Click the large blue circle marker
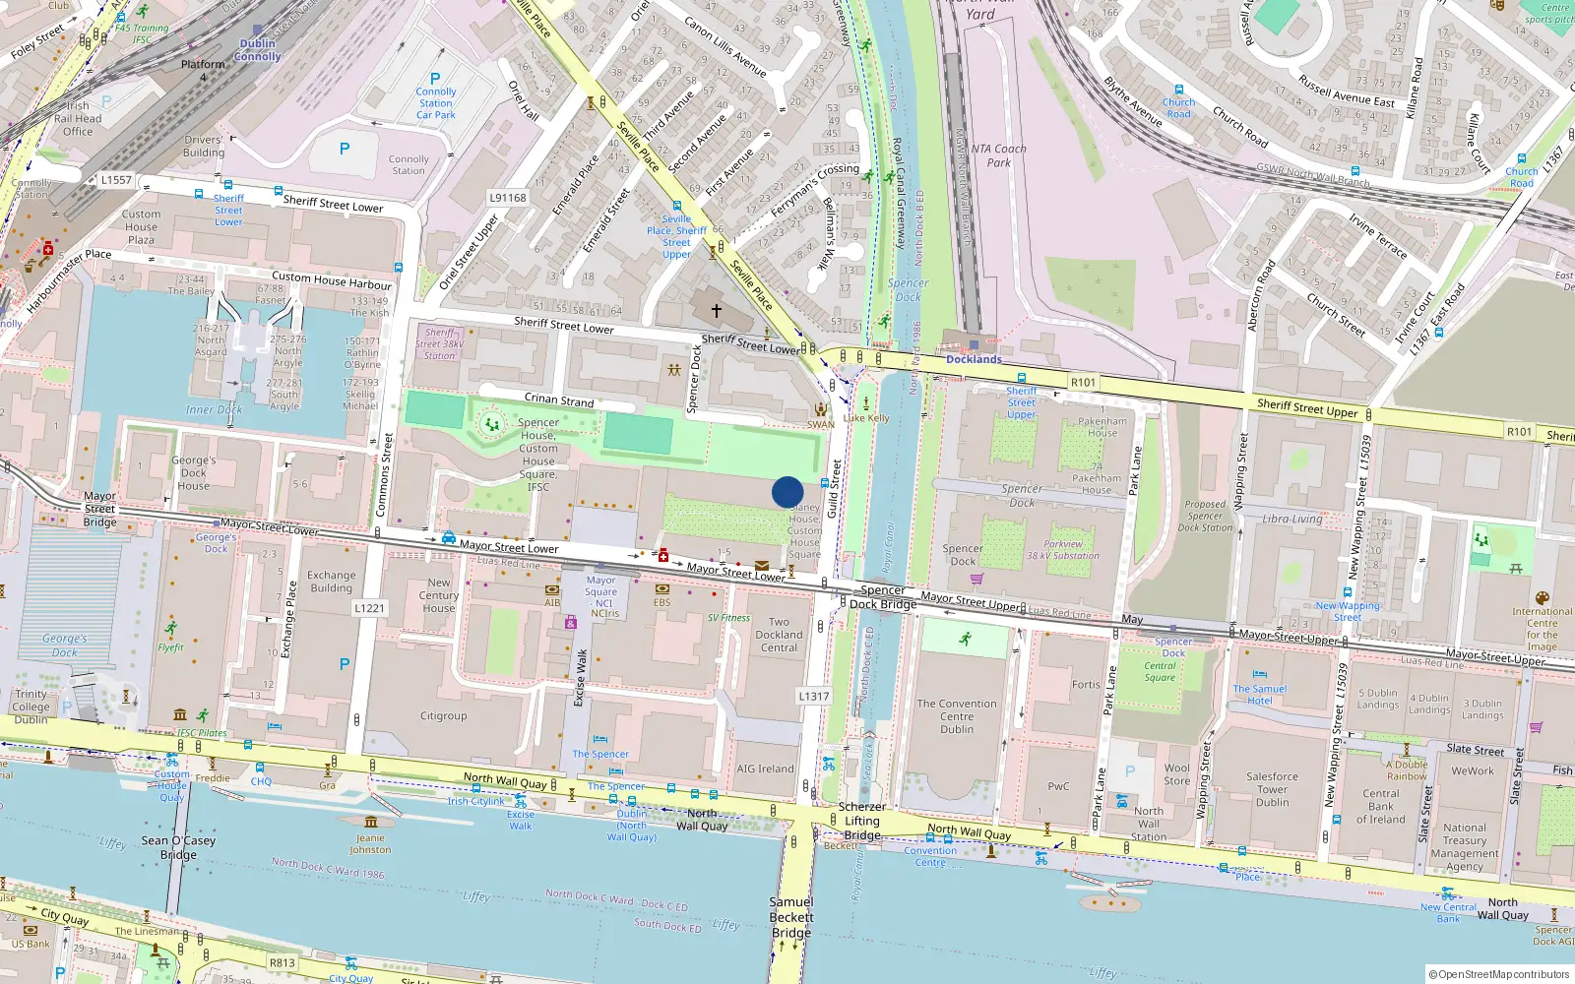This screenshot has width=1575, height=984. tap(787, 492)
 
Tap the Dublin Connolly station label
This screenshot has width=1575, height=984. tap(258, 50)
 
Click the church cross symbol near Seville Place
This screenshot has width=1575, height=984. tap(717, 310)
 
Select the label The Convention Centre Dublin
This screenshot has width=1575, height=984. tap(957, 716)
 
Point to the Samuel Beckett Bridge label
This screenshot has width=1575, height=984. tap(791, 917)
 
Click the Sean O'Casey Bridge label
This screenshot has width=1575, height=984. tap(178, 847)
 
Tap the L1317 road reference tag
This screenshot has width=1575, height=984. tap(813, 696)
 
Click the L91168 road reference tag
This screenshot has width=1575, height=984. tap(508, 198)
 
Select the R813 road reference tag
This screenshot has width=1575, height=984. tap(282, 963)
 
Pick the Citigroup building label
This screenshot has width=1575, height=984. tap(444, 715)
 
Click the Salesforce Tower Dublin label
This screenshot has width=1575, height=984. tap(1272, 789)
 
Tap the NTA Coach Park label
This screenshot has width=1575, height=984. tap(998, 155)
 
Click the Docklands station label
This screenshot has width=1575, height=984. tap(974, 359)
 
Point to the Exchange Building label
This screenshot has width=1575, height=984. tap(332, 582)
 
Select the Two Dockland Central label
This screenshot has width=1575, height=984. tap(779, 635)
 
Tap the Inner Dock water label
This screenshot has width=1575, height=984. tap(214, 409)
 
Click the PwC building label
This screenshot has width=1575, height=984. tap(1058, 786)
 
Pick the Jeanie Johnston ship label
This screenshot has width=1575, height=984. tap(371, 844)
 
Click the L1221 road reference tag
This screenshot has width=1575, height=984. tap(368, 608)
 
